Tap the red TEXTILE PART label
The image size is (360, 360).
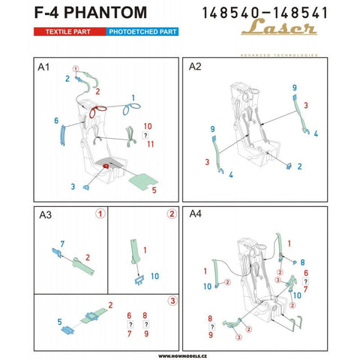click(67, 34)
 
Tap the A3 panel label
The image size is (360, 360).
click(45, 216)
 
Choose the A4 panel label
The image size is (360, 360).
click(195, 216)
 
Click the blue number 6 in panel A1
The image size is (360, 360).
click(56, 120)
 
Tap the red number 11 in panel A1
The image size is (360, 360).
click(149, 143)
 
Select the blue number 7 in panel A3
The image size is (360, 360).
click(61, 244)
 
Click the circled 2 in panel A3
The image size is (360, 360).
click(172, 214)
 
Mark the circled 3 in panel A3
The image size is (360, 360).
click(172, 301)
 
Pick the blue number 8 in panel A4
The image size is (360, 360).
click(301, 262)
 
